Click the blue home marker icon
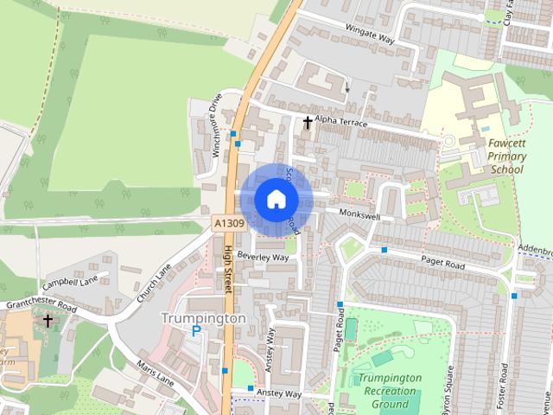point(275,199)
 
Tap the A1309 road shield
point(229,224)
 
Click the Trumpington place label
point(203,318)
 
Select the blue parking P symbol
point(196,331)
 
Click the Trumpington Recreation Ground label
point(390,391)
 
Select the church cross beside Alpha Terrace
point(307,123)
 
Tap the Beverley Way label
point(263,258)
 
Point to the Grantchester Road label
point(35,304)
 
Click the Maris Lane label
point(154,374)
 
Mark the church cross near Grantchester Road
point(48,320)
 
